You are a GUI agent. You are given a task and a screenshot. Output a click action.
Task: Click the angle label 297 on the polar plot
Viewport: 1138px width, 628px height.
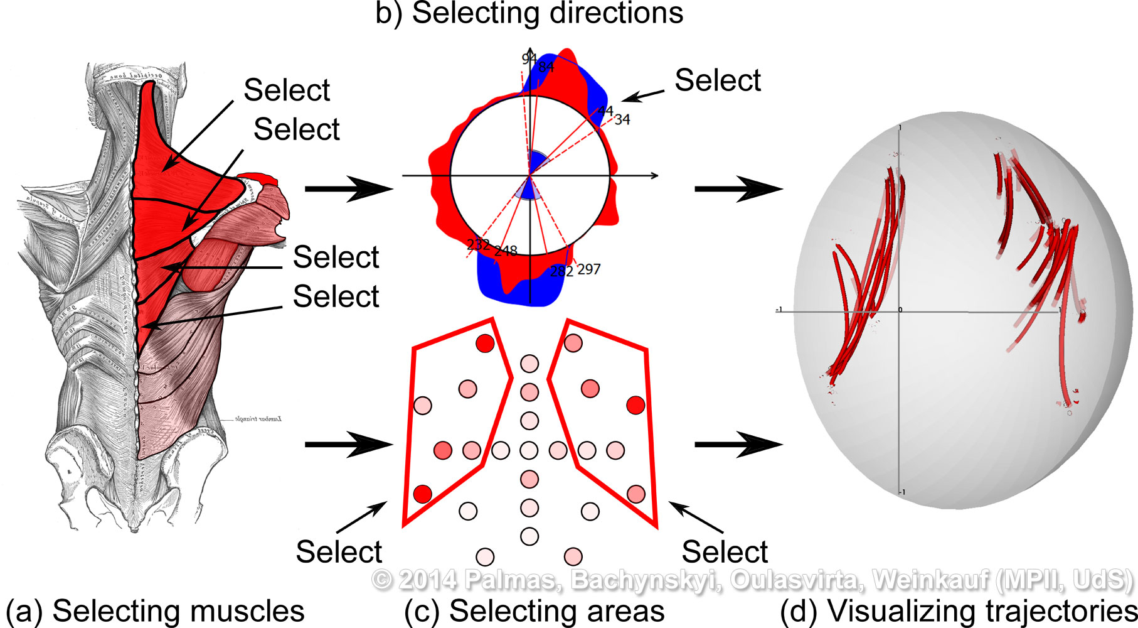pyautogui.click(x=588, y=269)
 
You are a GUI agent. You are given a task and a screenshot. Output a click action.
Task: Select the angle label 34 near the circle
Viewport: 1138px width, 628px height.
pyautogui.click(x=622, y=119)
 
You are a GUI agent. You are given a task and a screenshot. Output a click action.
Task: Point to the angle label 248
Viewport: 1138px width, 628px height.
pyautogui.click(x=506, y=251)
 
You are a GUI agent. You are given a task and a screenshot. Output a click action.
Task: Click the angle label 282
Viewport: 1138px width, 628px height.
pyautogui.click(x=561, y=271)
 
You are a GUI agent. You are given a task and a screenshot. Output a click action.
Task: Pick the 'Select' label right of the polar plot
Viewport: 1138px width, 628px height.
pyautogui.click(x=718, y=80)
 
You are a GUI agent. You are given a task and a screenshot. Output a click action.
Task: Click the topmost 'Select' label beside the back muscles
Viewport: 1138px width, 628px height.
pyautogui.click(x=287, y=90)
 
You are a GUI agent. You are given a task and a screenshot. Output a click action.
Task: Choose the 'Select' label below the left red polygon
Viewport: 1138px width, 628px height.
pyautogui.click(x=339, y=552)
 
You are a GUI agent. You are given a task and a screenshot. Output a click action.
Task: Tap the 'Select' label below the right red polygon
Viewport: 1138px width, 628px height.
pyautogui.click(x=725, y=552)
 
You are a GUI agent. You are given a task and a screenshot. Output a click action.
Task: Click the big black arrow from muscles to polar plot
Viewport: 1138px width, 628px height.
pyautogui.click(x=349, y=188)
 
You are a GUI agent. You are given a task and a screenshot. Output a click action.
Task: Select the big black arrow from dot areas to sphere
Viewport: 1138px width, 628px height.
pyautogui.click(x=738, y=445)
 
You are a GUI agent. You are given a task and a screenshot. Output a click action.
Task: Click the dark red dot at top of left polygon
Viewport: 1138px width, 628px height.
pyautogui.click(x=485, y=343)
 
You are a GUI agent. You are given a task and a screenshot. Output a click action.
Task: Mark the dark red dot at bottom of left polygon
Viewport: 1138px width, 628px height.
pyautogui.click(x=422, y=494)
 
